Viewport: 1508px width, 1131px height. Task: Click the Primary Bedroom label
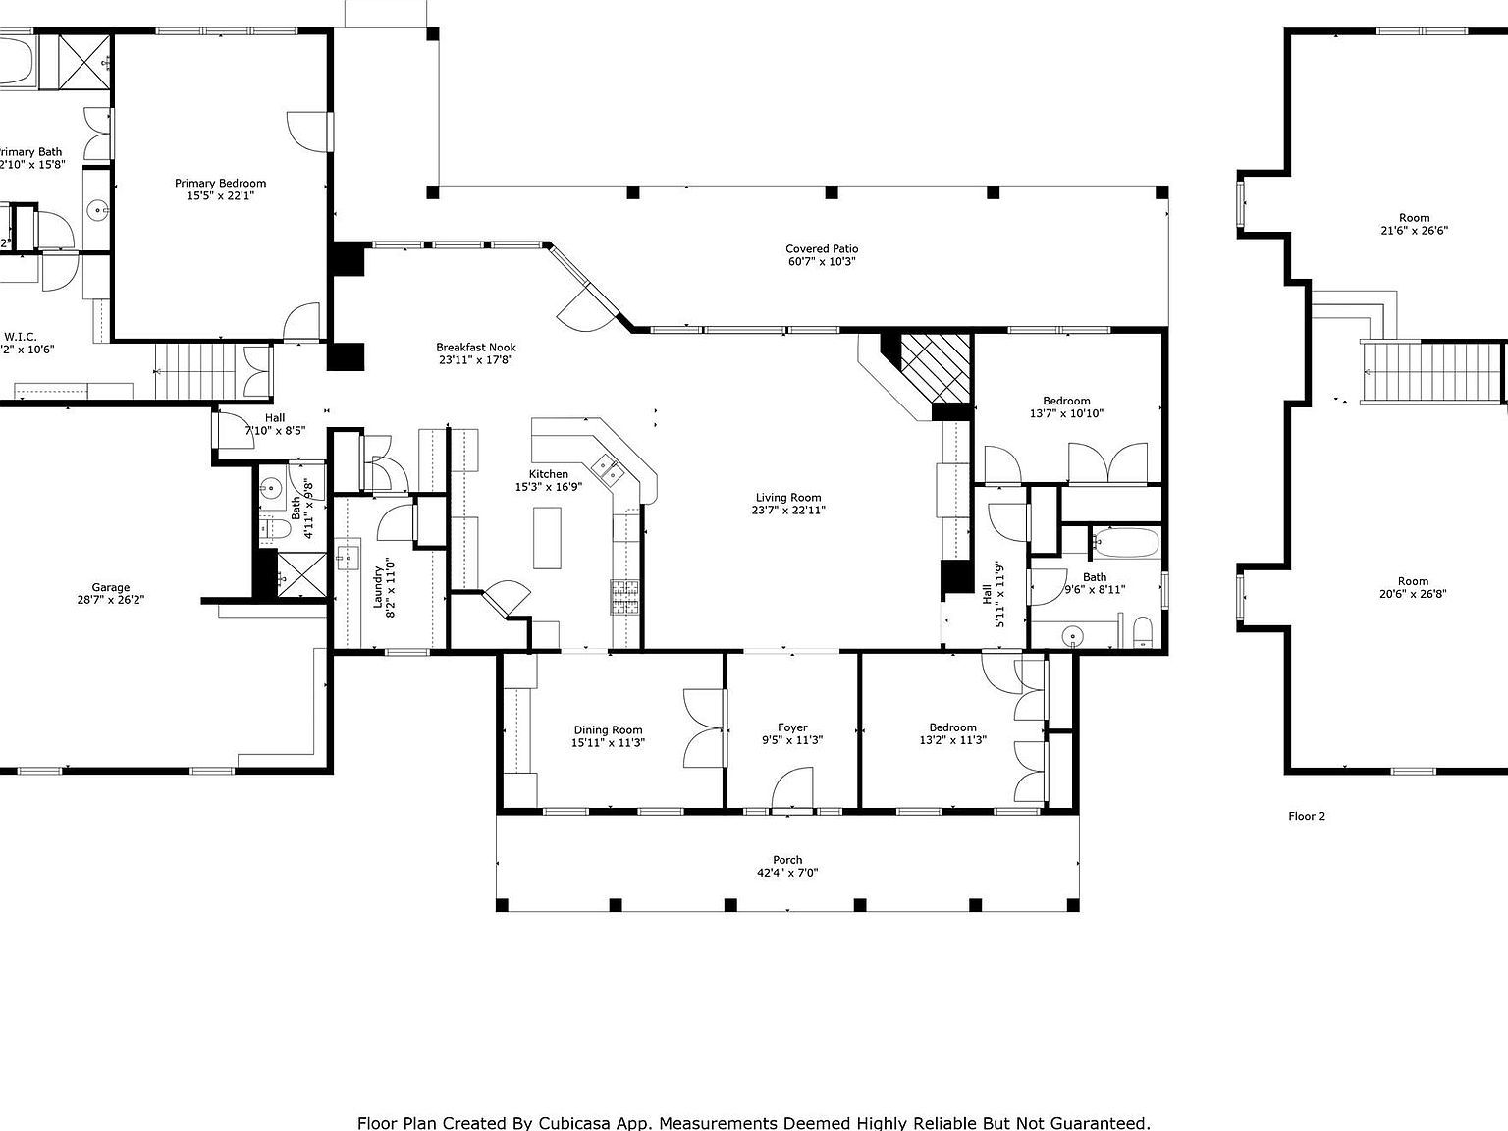220,183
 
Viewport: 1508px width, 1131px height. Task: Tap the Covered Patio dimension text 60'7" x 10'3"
822,262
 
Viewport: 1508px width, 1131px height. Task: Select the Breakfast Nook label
475,347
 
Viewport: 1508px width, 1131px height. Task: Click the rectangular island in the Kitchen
548,537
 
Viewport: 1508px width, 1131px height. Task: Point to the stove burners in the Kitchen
625,597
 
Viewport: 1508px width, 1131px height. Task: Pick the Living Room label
787,497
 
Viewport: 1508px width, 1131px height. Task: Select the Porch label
786,859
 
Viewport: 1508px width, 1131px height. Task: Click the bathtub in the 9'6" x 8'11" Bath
1125,543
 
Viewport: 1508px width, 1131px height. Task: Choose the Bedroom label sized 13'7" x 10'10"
1066,401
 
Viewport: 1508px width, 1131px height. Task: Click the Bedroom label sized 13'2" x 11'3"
952,727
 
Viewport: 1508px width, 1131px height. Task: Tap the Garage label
111,587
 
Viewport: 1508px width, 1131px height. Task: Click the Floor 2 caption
1307,816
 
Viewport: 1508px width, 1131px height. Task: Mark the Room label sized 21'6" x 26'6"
1414,218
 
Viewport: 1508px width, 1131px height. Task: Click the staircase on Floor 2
1433,372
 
